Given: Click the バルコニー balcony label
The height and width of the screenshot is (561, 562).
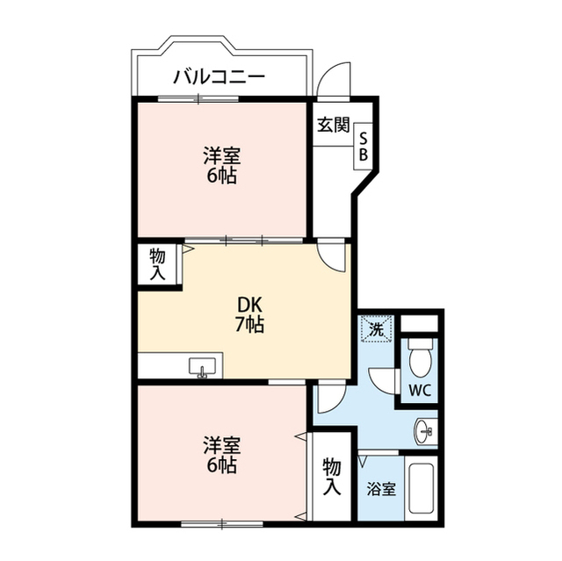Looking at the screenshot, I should point(219,76).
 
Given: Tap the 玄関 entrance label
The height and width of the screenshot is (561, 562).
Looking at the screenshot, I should point(333,125).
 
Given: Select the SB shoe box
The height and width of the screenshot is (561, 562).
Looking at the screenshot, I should point(364,144).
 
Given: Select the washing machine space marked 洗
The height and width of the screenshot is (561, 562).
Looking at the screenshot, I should point(376,331).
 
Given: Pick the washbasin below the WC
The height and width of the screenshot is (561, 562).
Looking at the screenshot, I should point(426,431).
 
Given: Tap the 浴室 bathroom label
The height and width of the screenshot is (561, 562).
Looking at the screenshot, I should point(381,489).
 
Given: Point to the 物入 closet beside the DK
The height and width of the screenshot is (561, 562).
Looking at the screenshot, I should point(157,264).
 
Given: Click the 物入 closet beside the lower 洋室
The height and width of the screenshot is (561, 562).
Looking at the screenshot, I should point(331,475).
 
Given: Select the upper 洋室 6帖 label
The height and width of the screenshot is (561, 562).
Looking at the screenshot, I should point(222,165).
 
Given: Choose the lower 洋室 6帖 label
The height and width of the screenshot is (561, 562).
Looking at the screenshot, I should point(221,455).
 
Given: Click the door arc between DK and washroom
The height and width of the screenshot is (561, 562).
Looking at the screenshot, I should point(330,399).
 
